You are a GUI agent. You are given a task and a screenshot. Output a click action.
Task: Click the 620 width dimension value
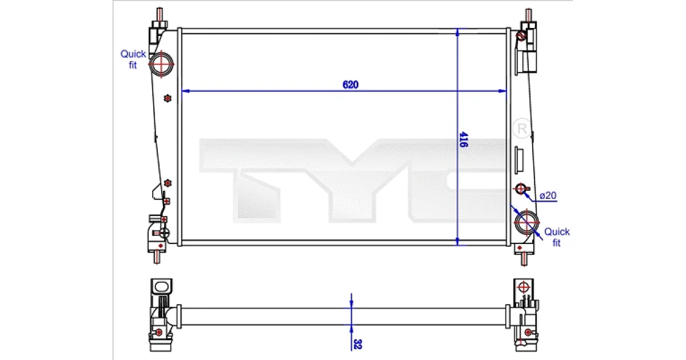[x=350, y=85]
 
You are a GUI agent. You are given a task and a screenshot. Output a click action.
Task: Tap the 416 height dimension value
[x=464, y=139]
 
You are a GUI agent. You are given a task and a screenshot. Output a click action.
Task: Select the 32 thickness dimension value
[x=357, y=344]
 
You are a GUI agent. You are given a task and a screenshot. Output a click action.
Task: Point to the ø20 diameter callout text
[x=548, y=195]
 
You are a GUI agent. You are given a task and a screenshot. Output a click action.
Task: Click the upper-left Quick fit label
[x=133, y=59]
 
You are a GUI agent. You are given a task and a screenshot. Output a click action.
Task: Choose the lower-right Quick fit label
[x=557, y=237]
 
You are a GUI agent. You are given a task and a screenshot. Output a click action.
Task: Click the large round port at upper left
[x=161, y=64]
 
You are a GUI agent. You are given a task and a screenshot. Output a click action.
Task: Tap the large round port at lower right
[x=527, y=222]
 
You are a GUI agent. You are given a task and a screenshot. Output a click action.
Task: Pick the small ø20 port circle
[x=520, y=189]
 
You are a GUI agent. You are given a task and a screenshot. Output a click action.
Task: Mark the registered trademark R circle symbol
[x=522, y=129]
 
